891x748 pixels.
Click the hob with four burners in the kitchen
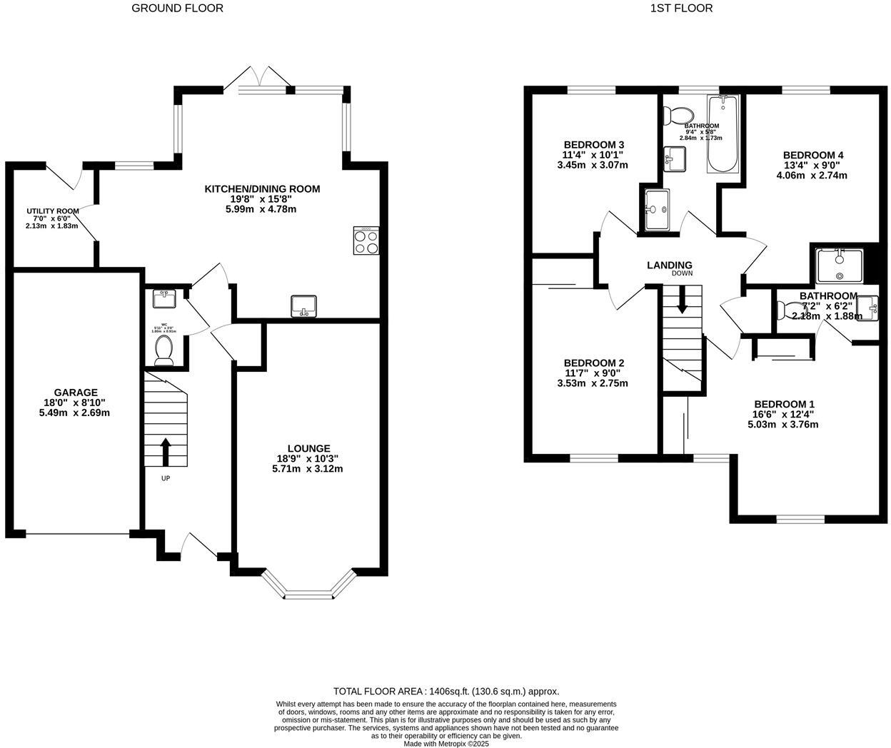(x=366, y=241)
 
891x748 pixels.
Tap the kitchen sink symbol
(x=303, y=306)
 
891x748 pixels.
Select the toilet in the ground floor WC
(x=163, y=350)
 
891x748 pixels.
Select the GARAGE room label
(x=76, y=393)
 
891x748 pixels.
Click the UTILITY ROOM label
(x=52, y=211)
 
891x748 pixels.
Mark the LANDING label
(x=669, y=265)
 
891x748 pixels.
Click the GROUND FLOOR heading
(x=177, y=9)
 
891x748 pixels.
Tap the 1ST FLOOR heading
(x=681, y=9)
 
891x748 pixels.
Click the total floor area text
(x=446, y=691)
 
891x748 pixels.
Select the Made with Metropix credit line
(x=446, y=743)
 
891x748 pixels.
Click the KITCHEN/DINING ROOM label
(x=262, y=189)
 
